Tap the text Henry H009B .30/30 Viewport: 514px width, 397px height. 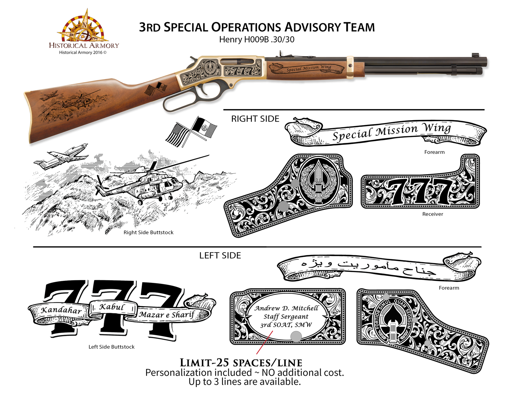click(256, 40)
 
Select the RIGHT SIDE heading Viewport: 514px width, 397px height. click(255, 119)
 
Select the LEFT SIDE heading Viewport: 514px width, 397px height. click(220, 256)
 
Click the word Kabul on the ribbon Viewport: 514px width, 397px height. click(112, 307)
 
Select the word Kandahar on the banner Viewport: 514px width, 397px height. click(61, 310)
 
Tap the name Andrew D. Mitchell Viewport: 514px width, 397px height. click(286, 308)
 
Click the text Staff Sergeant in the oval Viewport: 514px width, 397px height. click(286, 316)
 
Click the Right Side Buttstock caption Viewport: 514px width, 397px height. click(148, 233)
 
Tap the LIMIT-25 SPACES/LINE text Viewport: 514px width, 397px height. click(241, 363)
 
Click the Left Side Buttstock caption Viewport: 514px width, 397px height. click(111, 347)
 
